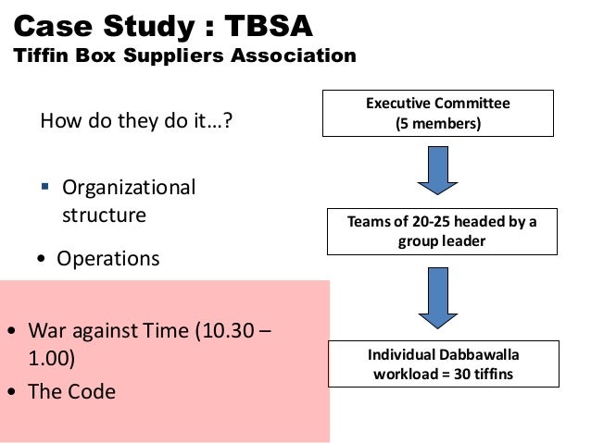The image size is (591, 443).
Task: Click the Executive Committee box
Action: pyautogui.click(x=437, y=113)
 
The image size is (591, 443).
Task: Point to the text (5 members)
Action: pyautogui.click(x=437, y=123)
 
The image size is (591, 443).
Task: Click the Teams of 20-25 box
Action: pyautogui.click(x=441, y=231)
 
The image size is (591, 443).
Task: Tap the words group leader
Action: pyautogui.click(x=441, y=240)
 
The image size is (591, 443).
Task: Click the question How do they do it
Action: pyautogui.click(x=133, y=120)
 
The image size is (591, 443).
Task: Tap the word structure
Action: pyautogui.click(x=104, y=215)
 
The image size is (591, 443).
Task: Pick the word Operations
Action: pyautogui.click(x=108, y=258)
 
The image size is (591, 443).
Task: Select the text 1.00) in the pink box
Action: pyautogui.click(x=52, y=357)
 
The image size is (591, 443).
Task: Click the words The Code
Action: pyautogui.click(x=72, y=391)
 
